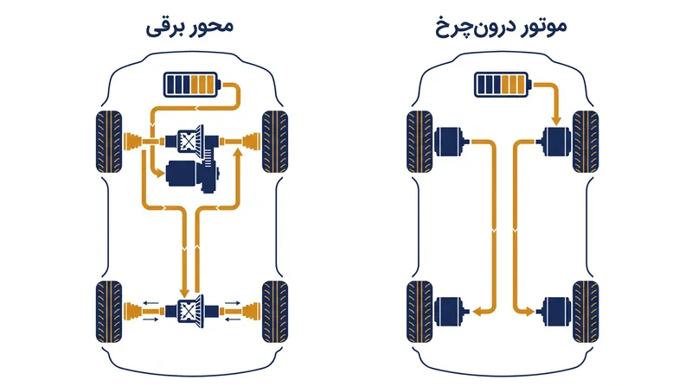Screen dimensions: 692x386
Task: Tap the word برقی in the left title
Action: click(165, 28)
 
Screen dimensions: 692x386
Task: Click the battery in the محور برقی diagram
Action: click(192, 85)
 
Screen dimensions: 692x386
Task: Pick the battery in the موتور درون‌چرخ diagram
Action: click(503, 85)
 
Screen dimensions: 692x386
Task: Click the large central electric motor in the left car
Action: click(191, 176)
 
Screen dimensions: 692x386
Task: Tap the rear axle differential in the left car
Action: click(191, 311)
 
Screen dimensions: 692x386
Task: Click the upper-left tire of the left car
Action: click(109, 142)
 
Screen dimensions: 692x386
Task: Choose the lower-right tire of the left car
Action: click(275, 312)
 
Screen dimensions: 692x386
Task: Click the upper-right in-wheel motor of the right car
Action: click(555, 142)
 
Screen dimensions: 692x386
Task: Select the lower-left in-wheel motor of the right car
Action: click(451, 312)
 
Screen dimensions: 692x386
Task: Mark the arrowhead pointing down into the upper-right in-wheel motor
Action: click(556, 120)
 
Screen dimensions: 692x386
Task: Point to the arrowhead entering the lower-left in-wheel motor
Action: click(477, 312)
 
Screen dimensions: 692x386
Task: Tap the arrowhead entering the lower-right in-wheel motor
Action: click(529, 312)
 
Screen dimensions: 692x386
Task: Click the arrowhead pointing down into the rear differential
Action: click(184, 292)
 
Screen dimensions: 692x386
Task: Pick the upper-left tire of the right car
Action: click(420, 142)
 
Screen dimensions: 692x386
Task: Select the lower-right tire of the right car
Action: click(586, 312)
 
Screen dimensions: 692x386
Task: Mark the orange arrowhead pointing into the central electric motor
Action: click(158, 173)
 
